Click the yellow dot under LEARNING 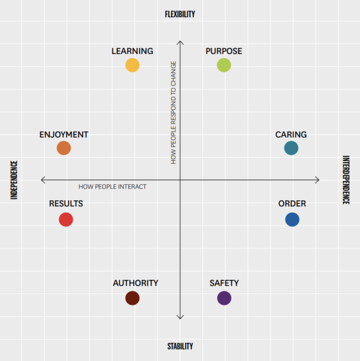(132, 65)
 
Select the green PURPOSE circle (224, 65)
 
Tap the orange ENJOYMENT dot (64, 148)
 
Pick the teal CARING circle (291, 148)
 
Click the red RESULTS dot (66, 220)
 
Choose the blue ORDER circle (292, 220)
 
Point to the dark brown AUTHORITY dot (132, 298)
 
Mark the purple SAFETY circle (224, 298)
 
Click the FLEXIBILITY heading (180, 14)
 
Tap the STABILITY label (180, 346)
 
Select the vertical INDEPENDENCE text (14, 180)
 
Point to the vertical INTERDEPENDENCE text (346, 180)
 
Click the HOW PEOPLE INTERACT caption (112, 187)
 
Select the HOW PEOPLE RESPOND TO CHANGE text (173, 112)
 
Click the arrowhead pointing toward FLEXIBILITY (180, 43)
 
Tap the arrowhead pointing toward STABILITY (180, 317)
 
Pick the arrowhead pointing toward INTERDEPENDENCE (317, 180)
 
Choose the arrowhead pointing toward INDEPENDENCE (43, 180)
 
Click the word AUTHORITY (135, 283)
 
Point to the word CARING (291, 135)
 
